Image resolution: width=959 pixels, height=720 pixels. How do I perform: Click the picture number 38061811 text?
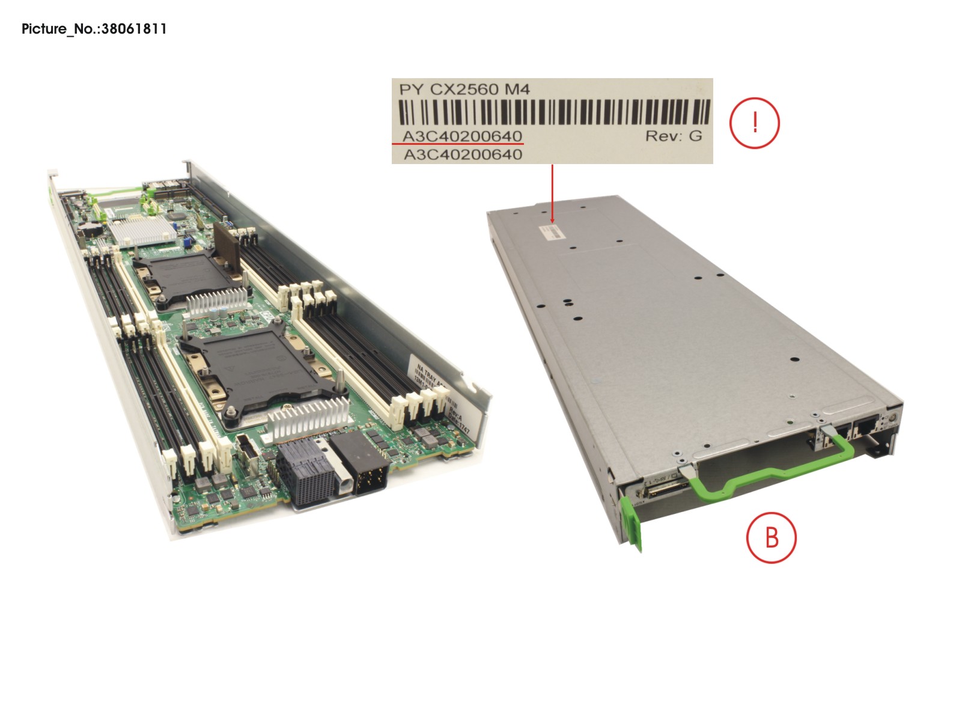click(x=94, y=29)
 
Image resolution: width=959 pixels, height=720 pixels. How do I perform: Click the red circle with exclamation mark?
click(x=754, y=123)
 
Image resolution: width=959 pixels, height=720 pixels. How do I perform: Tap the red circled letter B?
click(x=771, y=537)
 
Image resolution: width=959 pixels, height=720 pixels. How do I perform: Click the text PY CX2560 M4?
click(x=464, y=90)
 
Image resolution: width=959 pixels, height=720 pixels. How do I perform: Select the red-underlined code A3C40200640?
click(x=461, y=136)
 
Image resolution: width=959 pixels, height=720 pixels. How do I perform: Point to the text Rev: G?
click(x=673, y=136)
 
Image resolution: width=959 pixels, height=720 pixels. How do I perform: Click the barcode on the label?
click(x=553, y=112)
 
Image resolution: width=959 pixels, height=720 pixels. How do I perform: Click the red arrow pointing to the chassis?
click(x=552, y=192)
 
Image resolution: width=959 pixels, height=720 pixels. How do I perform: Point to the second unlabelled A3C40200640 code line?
click(x=463, y=155)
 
